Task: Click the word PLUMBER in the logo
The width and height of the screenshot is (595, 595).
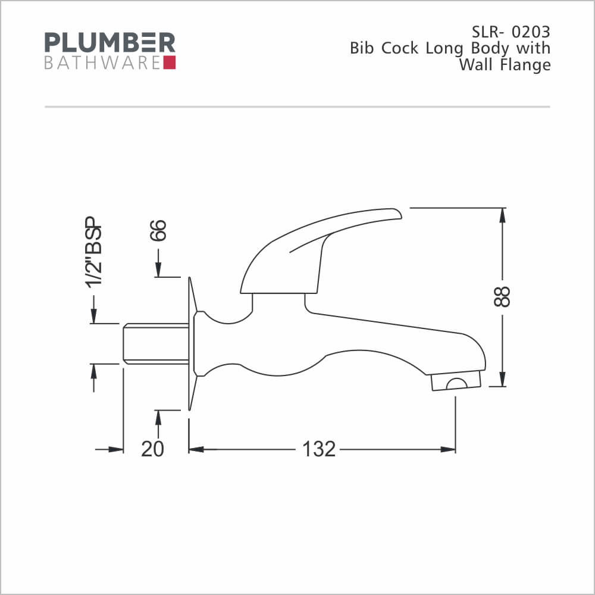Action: [109, 42]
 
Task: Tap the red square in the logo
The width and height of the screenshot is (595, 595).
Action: [169, 62]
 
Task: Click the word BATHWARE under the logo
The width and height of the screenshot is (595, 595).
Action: [102, 63]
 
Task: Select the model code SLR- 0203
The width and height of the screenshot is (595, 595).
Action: [511, 32]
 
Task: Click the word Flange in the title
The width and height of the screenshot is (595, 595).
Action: [525, 65]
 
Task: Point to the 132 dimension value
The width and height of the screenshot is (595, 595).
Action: [319, 449]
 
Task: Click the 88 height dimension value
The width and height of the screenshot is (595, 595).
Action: [502, 296]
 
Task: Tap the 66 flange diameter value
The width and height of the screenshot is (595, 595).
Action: [158, 230]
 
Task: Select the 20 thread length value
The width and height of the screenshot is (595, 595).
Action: [152, 449]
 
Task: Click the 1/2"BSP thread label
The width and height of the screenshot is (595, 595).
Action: [94, 252]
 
